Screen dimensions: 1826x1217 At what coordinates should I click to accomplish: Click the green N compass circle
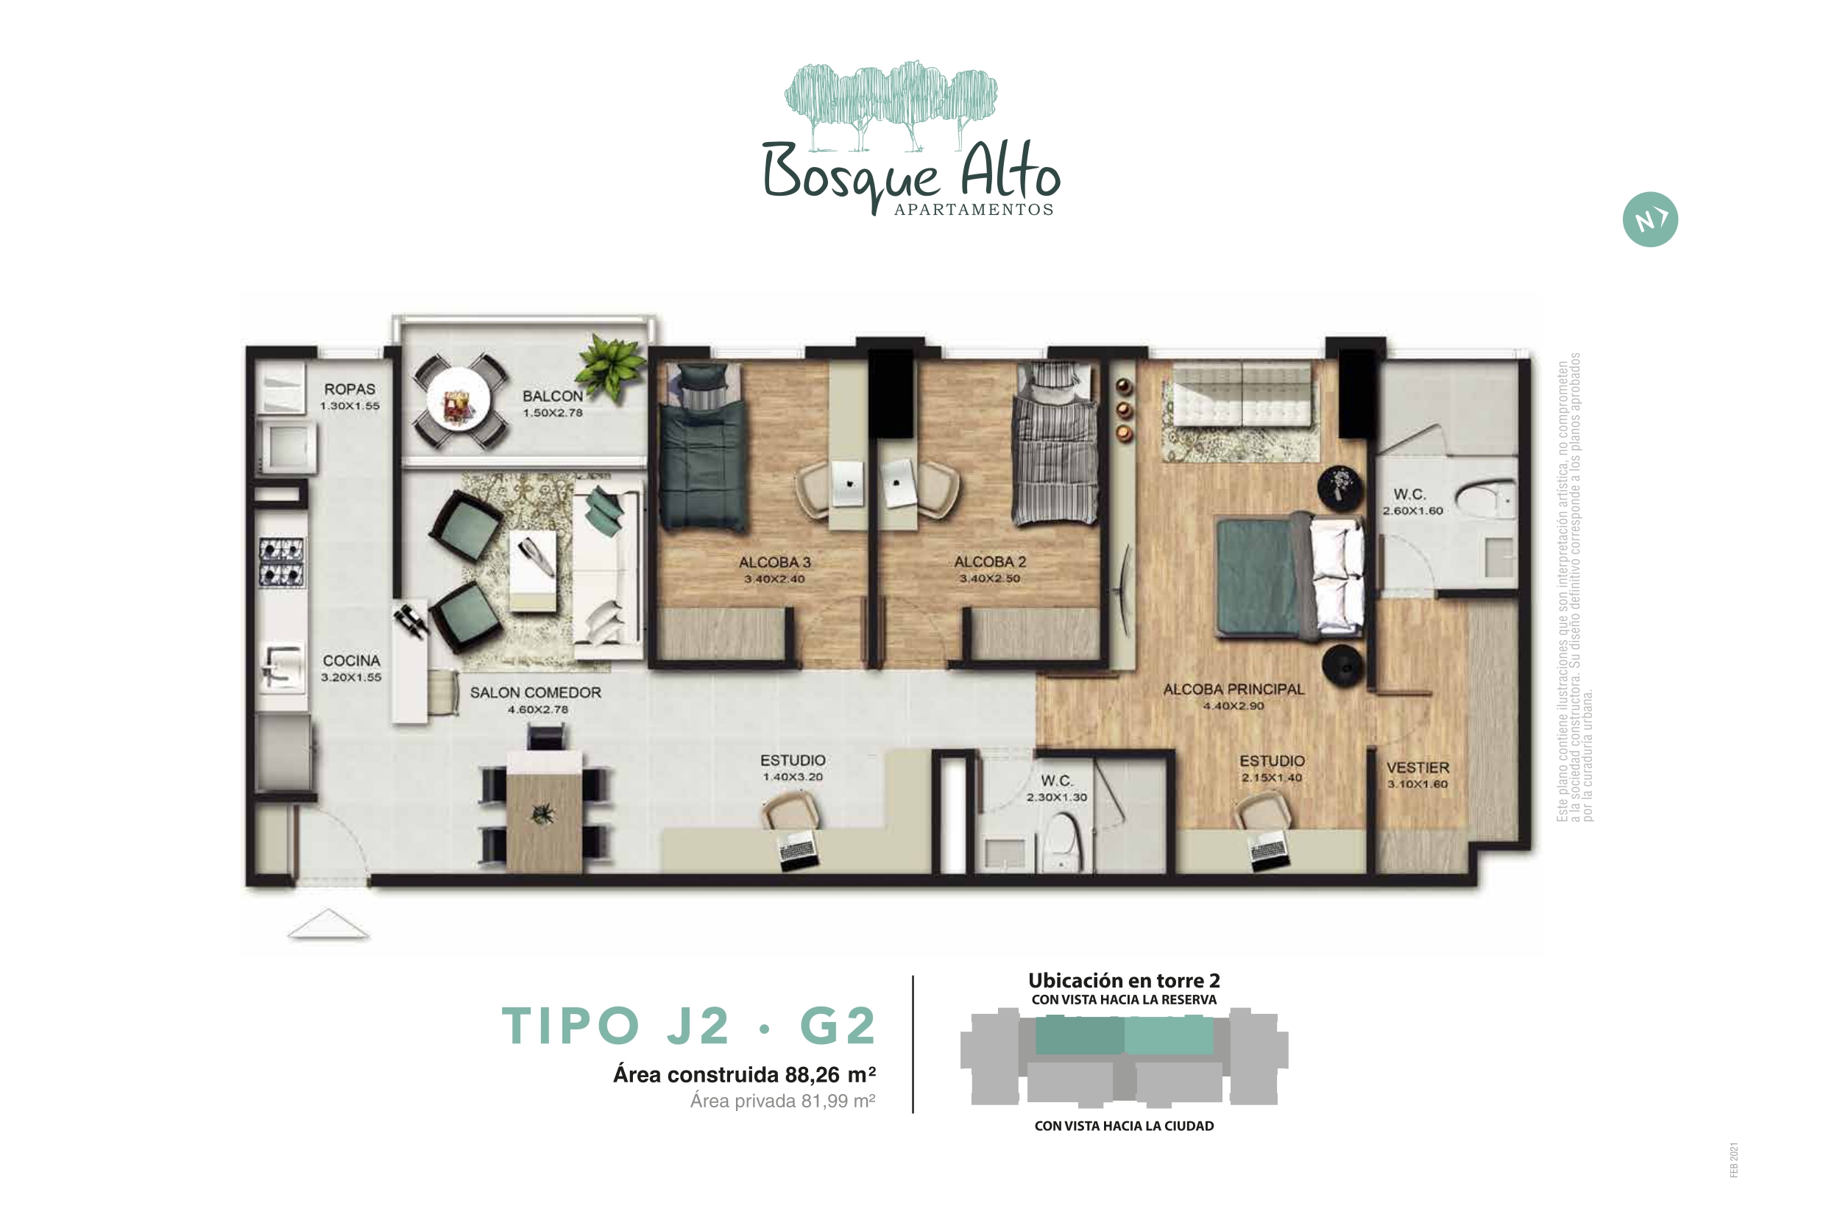coord(1650,220)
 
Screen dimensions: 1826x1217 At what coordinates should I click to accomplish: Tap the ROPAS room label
coord(350,388)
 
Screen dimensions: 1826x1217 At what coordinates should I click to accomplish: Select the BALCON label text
coord(552,396)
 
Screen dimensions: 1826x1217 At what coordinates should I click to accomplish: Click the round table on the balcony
coord(459,402)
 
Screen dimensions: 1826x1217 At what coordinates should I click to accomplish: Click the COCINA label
coord(352,661)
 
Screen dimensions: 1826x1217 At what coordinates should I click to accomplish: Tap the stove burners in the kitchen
coord(281,563)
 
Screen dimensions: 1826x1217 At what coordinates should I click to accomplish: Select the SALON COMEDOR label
coord(535,692)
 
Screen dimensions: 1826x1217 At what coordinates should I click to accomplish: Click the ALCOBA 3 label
coord(774,562)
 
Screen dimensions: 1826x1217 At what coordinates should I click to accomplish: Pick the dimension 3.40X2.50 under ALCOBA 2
coord(989,578)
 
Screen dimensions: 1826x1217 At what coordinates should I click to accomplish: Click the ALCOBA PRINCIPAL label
coord(1234,689)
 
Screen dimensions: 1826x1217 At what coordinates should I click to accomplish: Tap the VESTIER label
coord(1418,767)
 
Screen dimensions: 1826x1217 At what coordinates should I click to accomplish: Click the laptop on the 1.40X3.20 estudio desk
coord(799,849)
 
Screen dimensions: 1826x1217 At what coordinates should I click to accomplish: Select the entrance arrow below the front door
coord(328,923)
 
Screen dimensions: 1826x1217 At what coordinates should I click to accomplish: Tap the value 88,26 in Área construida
coord(812,1075)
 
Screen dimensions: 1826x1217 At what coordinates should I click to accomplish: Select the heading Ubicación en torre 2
coord(1124,980)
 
